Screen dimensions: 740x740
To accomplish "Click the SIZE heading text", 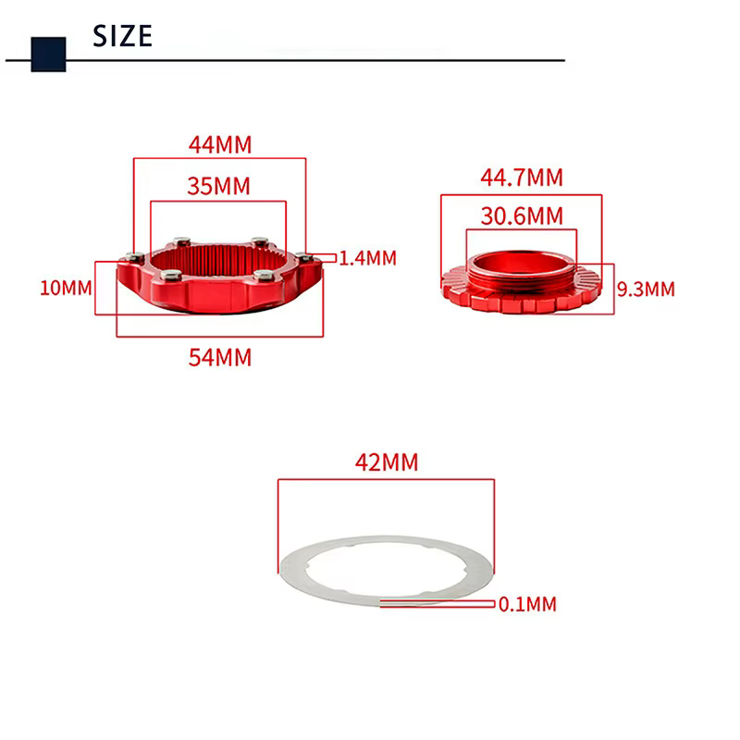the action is [123, 36].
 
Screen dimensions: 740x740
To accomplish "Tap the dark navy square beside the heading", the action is [49, 55].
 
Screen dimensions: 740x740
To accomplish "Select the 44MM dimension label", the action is [220, 145].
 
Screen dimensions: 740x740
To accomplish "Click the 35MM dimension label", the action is [218, 186].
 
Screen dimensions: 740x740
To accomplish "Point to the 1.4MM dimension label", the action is [368, 258].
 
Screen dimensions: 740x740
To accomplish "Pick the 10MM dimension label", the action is [66, 288].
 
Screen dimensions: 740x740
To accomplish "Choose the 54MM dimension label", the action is [220, 358].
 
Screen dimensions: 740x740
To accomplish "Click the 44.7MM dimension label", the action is [522, 178].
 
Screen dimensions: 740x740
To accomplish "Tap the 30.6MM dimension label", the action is [522, 216].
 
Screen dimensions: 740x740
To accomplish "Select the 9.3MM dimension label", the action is [646, 290].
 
